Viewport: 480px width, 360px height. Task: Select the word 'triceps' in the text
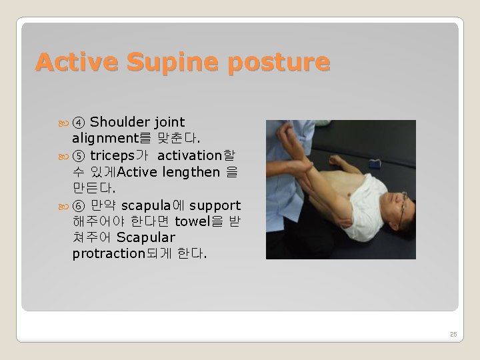point(115,155)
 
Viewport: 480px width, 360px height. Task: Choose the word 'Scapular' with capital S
point(146,238)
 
